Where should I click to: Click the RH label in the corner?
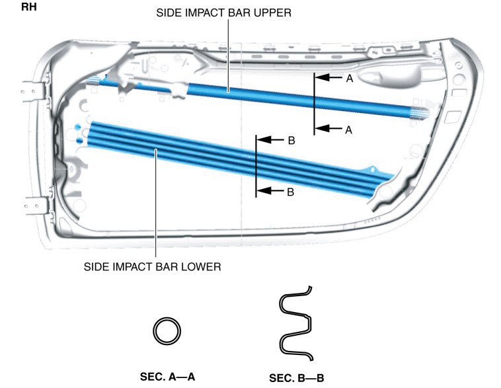(x=29, y=10)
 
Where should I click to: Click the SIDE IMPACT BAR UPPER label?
(x=223, y=13)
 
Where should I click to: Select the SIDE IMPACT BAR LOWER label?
(x=153, y=267)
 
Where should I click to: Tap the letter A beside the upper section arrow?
(x=350, y=78)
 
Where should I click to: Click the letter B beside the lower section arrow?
(x=290, y=192)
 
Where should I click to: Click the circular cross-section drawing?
(x=167, y=330)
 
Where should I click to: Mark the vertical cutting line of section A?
(x=314, y=104)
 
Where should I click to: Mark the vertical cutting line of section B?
(x=256, y=166)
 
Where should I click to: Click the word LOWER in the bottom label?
(x=202, y=267)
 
